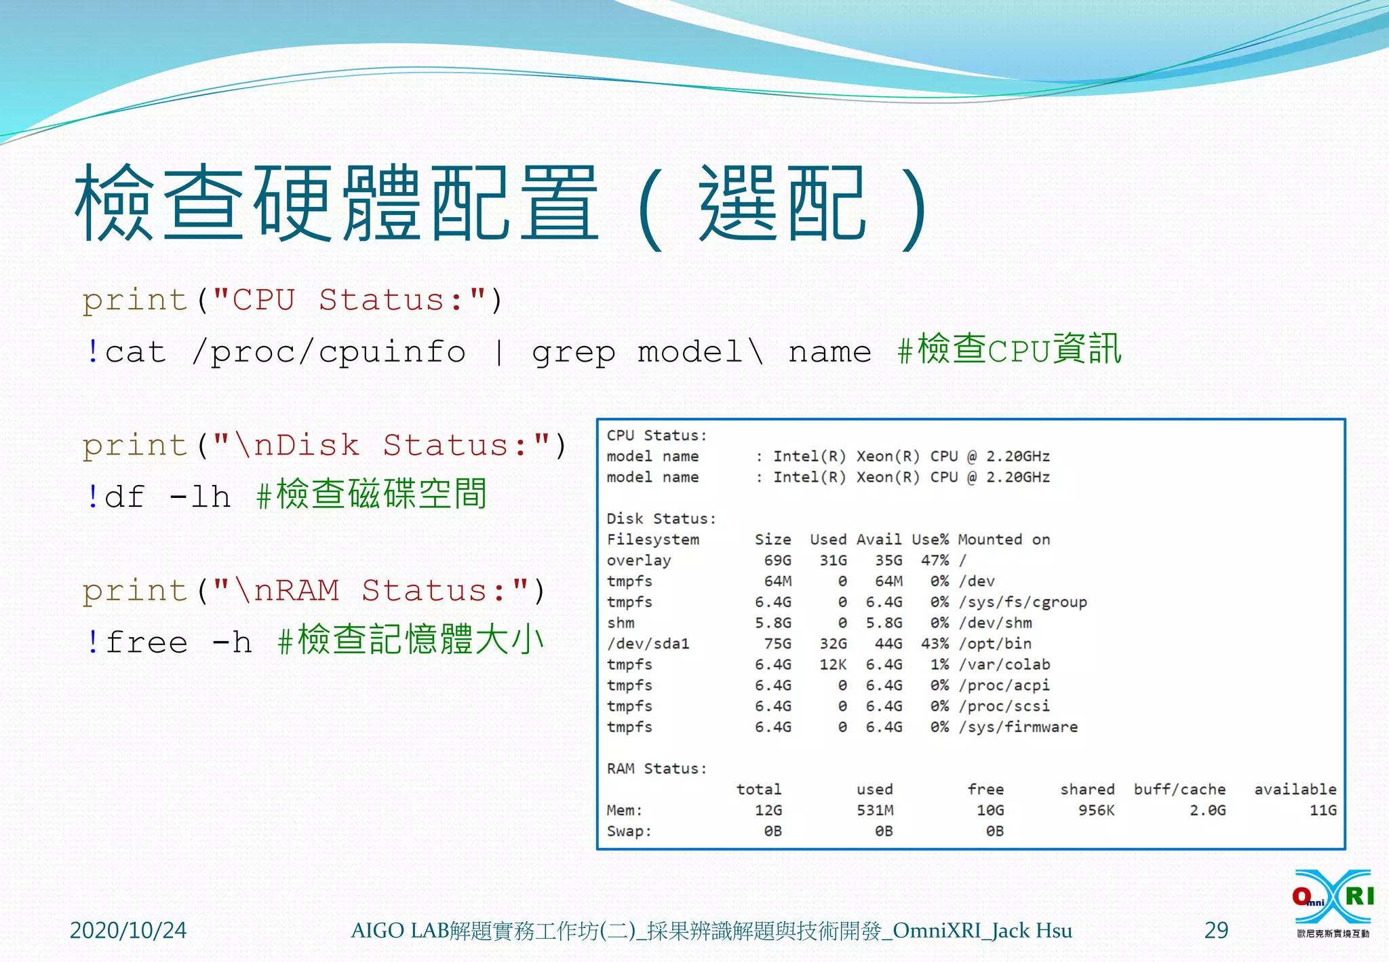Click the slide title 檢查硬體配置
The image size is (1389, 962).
tap(336, 204)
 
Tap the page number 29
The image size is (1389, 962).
tap(1216, 930)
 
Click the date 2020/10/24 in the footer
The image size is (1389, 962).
tap(128, 930)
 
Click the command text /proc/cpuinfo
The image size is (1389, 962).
tap(329, 352)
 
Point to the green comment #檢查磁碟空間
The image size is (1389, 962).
tap(372, 495)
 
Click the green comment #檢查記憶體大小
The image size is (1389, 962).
tap(411, 640)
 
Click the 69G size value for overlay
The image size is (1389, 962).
tap(777, 560)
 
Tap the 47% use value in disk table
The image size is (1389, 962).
tap(935, 560)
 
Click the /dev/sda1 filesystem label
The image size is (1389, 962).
tap(648, 644)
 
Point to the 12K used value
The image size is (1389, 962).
tap(833, 665)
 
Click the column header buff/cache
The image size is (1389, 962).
tap(1179, 790)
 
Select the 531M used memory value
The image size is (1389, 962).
tap(875, 811)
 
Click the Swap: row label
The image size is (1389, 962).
tap(629, 832)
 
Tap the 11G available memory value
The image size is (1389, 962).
tap(1323, 811)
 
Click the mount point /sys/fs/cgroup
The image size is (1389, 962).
tap(1023, 602)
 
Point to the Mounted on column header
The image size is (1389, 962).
tap(1004, 540)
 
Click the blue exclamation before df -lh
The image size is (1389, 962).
tap(93, 497)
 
